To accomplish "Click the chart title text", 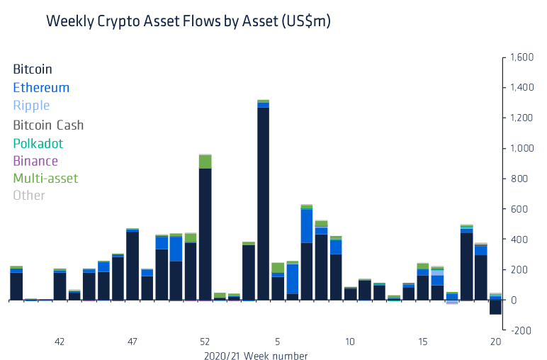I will click(x=188, y=21).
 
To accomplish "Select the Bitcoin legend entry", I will click(x=33, y=69).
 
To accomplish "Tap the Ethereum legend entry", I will click(x=41, y=88).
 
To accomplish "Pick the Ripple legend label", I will click(x=31, y=106).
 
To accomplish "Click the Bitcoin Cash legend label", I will click(x=48, y=125).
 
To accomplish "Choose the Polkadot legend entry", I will click(x=38, y=143).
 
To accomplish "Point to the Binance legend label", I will click(x=35, y=161).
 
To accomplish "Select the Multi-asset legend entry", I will click(x=45, y=178).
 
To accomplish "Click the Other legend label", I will click(x=29, y=195).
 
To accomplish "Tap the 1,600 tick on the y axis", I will click(x=521, y=57).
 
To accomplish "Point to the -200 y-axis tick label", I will click(x=521, y=331).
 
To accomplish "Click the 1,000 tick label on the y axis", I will click(x=521, y=149).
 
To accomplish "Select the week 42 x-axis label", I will click(x=60, y=342).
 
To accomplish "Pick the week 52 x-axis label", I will click(x=205, y=342).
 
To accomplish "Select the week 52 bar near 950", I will click(x=205, y=234).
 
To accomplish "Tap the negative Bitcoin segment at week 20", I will click(x=495, y=308).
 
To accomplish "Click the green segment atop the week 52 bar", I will click(x=205, y=161).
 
